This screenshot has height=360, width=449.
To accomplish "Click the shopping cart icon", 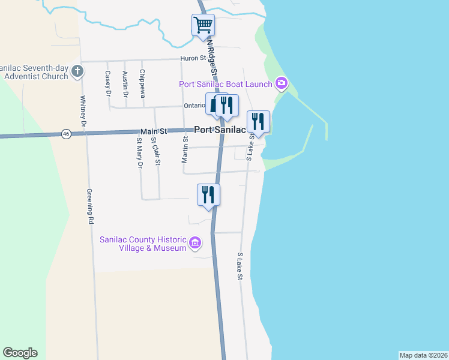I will [x=203, y=25].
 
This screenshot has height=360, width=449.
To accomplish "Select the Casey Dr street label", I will [x=108, y=84].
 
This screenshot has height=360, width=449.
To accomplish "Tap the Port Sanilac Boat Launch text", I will [x=225, y=83].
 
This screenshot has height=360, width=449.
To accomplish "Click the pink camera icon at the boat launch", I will [x=281, y=83].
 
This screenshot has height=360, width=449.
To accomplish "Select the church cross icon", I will [x=77, y=71].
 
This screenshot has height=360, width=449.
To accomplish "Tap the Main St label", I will [x=153, y=131].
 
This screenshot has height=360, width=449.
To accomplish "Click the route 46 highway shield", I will [x=66, y=134].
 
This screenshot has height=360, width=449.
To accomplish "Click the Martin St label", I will [x=185, y=149].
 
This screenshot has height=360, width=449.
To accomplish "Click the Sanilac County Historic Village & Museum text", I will [x=143, y=243].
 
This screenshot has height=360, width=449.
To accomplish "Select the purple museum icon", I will [x=195, y=243].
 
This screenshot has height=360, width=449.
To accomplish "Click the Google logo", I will [x=20, y=353].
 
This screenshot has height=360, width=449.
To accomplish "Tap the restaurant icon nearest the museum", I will [x=209, y=194].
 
